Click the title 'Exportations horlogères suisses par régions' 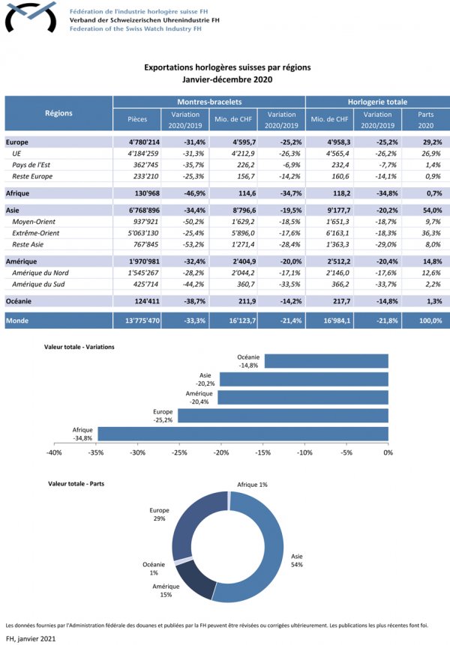227,67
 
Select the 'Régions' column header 58,113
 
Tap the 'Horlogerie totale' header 377,101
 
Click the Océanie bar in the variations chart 325,361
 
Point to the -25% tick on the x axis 180,453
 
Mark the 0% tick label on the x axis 388,453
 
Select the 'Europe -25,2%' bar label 163,416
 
